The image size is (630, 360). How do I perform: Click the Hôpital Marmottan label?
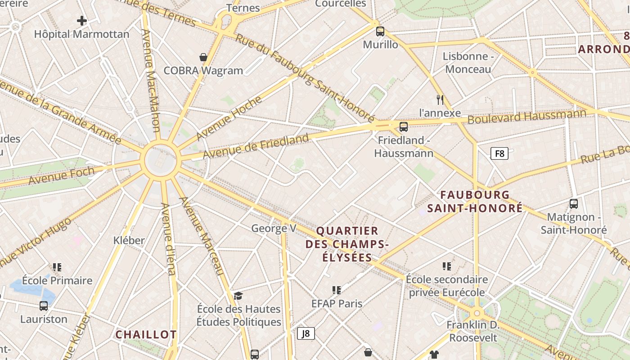point(81,34)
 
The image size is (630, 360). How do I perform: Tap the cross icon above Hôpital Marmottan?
point(81,20)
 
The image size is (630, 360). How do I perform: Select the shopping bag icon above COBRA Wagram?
point(203,57)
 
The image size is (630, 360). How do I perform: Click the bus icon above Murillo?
point(380,31)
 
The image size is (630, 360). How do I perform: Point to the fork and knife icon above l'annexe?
point(440,99)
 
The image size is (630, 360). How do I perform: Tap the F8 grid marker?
point(499,153)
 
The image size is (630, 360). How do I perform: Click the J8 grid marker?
point(306,333)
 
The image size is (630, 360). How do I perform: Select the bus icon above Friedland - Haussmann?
point(404,127)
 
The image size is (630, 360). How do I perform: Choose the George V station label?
point(274,229)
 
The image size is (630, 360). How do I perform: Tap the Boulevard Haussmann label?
point(526,117)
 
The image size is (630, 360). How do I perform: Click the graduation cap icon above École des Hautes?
point(238,296)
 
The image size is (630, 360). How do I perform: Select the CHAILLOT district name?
point(146,335)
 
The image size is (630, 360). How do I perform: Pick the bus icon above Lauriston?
point(44,306)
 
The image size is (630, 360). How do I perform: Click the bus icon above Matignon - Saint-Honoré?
point(574,204)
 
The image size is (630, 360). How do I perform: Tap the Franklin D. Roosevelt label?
point(473,331)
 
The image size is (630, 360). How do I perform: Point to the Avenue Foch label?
point(62,175)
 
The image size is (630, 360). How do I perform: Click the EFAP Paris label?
point(337,303)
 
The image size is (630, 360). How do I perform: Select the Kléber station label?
point(129,240)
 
